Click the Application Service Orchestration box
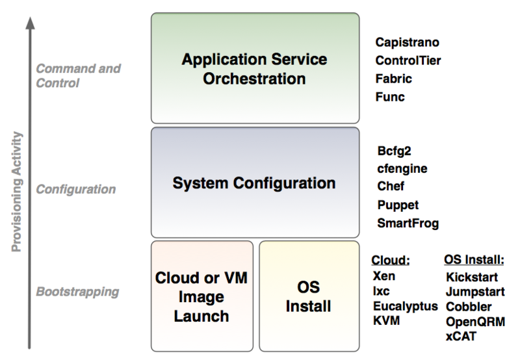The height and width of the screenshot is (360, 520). pos(254,68)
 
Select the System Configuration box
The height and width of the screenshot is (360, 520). pos(254,183)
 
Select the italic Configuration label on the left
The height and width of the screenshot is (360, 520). pos(75,190)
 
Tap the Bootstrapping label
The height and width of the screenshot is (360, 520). pos(77,291)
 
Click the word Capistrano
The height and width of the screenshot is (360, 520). pos(408,43)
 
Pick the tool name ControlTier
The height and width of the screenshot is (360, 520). pos(407,61)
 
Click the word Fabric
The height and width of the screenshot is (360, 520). pos(393,79)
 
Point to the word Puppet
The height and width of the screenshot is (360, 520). pos(396,205)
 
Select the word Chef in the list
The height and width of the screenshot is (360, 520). pos(391,186)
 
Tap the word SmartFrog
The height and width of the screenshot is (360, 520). pos(408,223)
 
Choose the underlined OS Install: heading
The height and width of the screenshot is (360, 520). pos(474,261)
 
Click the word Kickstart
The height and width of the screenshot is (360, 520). pos(471,277)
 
